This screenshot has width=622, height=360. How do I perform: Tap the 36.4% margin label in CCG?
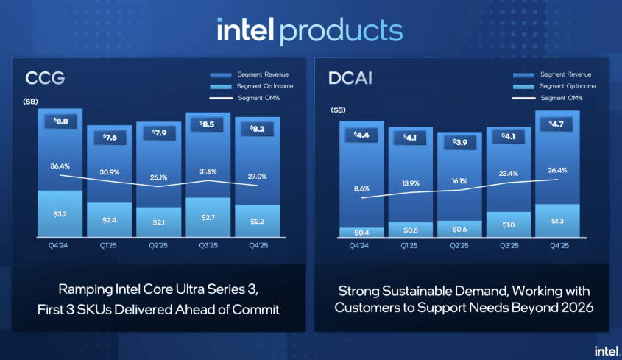point(60,166)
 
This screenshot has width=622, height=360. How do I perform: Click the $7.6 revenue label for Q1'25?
point(109,137)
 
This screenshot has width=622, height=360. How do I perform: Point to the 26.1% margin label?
point(158,177)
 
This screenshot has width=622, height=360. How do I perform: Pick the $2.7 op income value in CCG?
point(208,219)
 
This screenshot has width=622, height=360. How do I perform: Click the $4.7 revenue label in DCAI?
point(557,123)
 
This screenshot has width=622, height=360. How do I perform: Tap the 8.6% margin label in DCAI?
point(361,188)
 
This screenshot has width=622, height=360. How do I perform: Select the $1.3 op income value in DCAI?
point(557,220)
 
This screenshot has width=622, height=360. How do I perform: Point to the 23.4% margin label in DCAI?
point(508,174)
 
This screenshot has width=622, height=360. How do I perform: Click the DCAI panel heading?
point(351,77)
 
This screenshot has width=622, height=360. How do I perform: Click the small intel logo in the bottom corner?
point(605,347)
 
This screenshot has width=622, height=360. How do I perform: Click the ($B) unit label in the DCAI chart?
point(338,110)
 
